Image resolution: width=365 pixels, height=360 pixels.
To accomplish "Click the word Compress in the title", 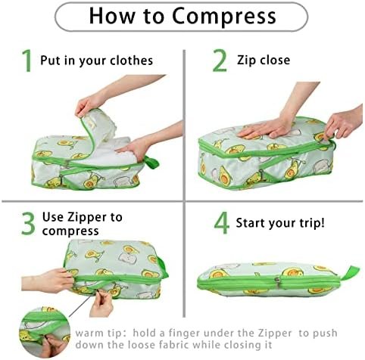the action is [224, 17].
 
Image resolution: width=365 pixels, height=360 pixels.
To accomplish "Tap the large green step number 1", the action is [27, 61].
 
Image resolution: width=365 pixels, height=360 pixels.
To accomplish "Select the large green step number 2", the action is [220, 61].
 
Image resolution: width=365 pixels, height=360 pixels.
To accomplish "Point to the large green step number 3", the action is [28, 224].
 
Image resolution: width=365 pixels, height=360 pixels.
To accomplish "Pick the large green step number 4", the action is [222, 223].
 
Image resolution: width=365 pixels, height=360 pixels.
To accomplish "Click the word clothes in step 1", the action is [131, 61].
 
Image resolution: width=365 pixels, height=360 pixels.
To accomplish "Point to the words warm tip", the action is [98, 334].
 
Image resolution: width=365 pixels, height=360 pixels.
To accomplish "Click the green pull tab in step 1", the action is [151, 163].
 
